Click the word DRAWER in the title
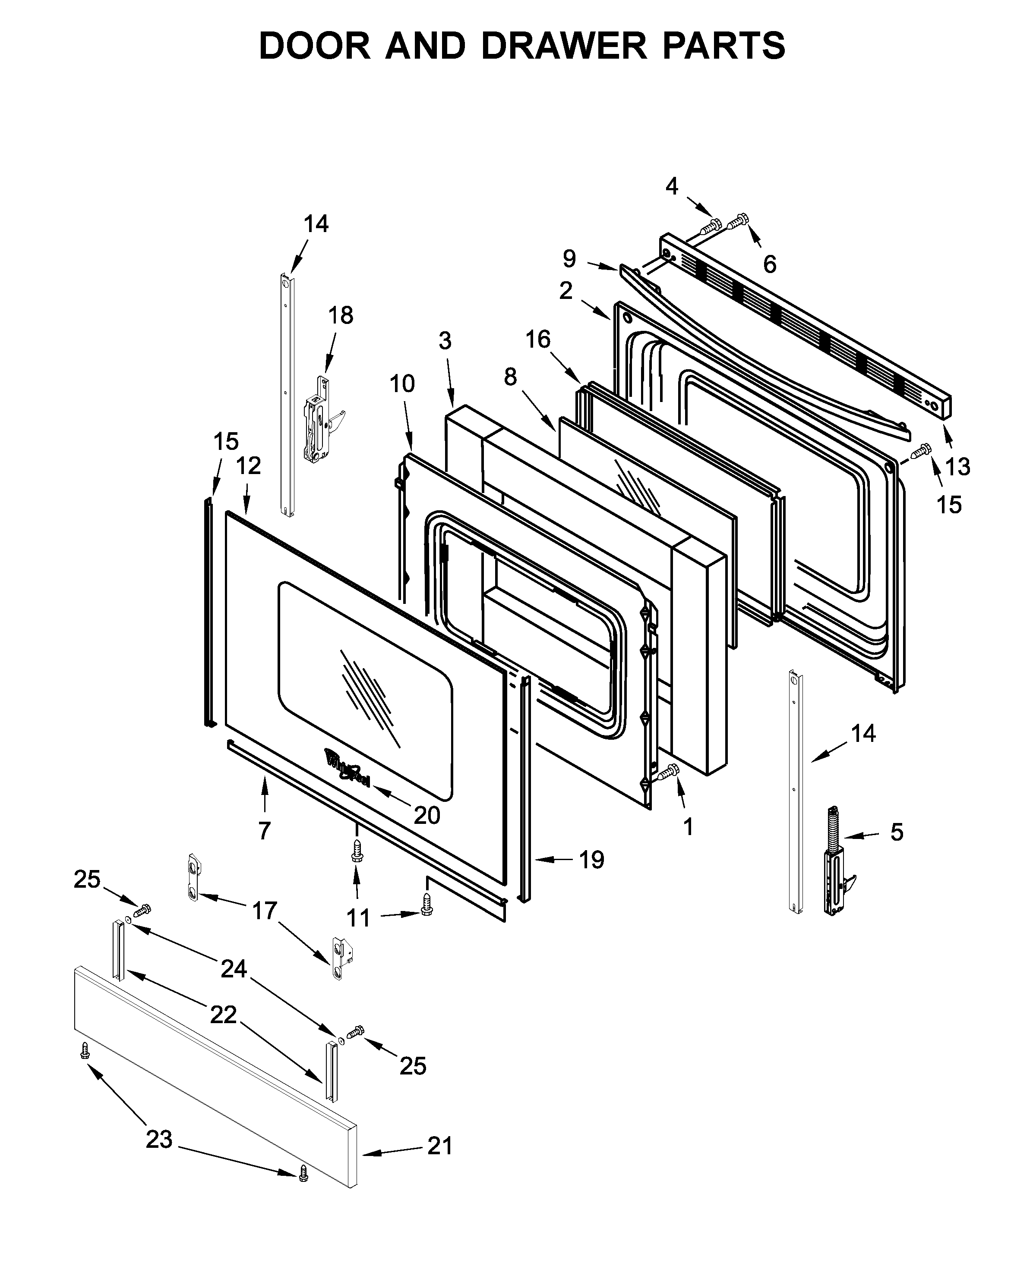click(x=563, y=46)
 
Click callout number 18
click(x=340, y=316)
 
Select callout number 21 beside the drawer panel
click(x=440, y=1146)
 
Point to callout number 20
click(x=426, y=815)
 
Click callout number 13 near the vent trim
click(x=957, y=467)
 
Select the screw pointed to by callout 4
click(x=711, y=226)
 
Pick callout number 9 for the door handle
click(x=569, y=259)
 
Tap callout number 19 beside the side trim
click(x=591, y=860)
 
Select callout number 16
click(x=538, y=339)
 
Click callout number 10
click(x=402, y=384)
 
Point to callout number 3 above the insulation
click(x=445, y=341)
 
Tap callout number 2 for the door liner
click(x=565, y=291)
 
